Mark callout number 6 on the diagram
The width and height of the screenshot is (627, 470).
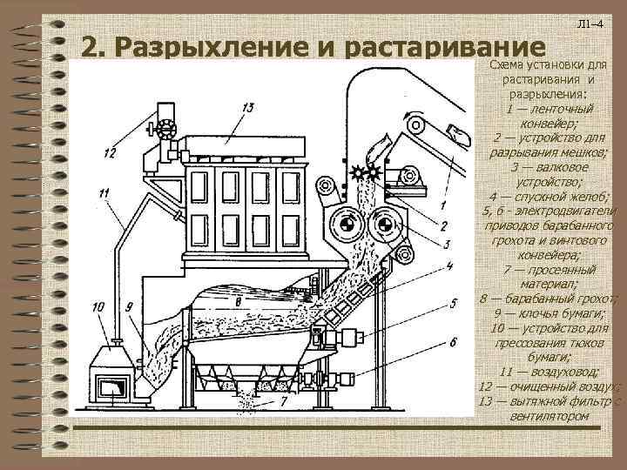tap(453, 341)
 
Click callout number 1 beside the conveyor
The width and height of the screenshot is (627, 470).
tap(443, 205)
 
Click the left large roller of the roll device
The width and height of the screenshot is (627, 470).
tap(346, 226)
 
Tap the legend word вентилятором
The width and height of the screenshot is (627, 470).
tap(548, 415)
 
